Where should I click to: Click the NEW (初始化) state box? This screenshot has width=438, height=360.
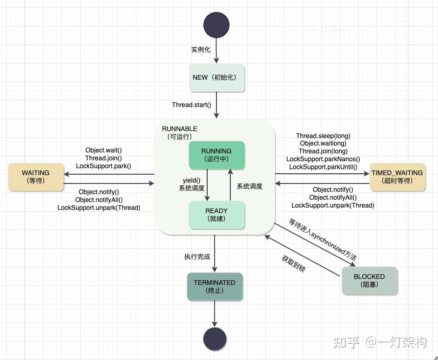[217, 78]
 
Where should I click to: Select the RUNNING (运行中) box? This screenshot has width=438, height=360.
[217, 155]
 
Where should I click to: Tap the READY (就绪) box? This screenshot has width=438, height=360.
[217, 215]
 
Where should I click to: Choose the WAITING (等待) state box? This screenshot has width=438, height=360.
[36, 177]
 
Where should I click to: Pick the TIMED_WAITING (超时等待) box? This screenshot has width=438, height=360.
[397, 177]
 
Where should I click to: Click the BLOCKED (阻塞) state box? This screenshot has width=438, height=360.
[369, 281]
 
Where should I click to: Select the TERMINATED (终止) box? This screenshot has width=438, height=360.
[215, 287]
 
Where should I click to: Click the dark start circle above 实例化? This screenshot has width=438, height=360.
[216, 25]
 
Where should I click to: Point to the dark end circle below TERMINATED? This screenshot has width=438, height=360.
[215, 339]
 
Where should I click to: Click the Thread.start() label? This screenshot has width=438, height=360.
[191, 105]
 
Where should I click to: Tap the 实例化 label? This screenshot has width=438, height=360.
[201, 50]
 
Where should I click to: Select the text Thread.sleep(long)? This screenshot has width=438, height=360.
[323, 136]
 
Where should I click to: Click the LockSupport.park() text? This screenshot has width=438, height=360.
[103, 166]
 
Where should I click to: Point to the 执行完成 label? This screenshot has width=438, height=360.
[197, 257]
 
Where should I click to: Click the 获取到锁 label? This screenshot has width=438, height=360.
[293, 264]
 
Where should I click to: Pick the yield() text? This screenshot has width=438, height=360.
[191, 180]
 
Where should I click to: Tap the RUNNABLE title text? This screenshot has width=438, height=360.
[180, 129]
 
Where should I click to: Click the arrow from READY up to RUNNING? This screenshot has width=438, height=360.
[230, 185]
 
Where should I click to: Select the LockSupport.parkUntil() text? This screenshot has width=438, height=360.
[323, 167]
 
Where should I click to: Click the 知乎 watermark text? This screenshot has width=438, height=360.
[346, 342]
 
